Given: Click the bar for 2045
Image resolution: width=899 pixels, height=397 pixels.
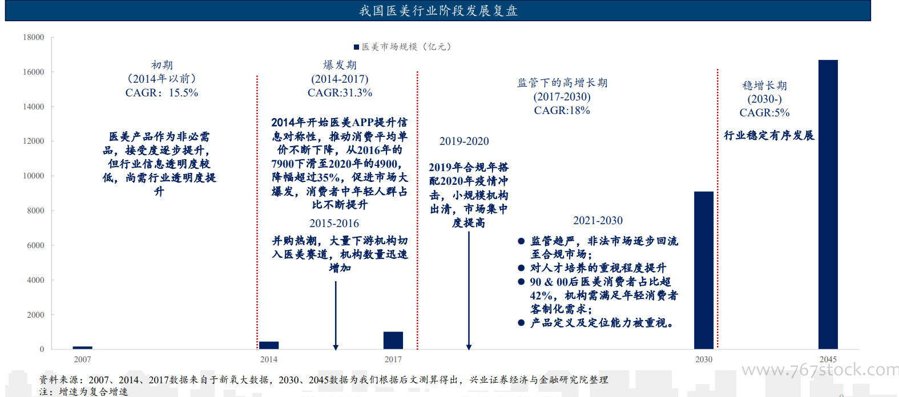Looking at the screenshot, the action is [828, 205].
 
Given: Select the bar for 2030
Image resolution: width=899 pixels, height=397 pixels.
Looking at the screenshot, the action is [704, 270].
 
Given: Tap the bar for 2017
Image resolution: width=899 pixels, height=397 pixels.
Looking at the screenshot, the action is [393, 341].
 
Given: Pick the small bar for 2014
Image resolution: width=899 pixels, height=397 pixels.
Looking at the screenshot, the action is [269, 345].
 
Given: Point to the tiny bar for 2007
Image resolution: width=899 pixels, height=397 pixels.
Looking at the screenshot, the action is [83, 348].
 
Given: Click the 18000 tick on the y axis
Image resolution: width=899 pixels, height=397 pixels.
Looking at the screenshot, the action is [33, 37].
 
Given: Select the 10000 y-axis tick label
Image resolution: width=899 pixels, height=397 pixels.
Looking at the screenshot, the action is [33, 176].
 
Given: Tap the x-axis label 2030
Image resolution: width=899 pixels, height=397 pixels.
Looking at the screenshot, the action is [704, 359].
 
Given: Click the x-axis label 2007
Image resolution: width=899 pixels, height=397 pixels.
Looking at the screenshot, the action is [83, 359].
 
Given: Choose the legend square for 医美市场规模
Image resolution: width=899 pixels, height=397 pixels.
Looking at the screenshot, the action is [356, 47].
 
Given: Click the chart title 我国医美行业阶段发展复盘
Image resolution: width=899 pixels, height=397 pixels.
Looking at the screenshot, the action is [438, 11].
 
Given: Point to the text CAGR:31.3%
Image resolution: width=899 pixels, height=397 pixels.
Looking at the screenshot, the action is [340, 92].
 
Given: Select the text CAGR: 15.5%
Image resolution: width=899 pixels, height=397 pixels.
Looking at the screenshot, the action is [162, 92].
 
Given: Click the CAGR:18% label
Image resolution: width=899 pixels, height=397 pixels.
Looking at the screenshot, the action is [562, 110].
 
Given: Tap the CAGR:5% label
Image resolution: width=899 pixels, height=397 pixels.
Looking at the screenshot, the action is [764, 113].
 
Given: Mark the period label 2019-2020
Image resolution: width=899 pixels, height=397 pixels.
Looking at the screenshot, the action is [465, 141].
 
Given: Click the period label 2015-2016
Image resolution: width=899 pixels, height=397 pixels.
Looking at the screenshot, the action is [334, 224].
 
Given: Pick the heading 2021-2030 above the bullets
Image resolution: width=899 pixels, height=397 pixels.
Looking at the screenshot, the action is [598, 221].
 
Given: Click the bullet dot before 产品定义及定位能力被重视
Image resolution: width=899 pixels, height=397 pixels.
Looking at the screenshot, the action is [521, 323].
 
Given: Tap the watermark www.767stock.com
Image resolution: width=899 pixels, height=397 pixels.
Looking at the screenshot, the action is [820, 370].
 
